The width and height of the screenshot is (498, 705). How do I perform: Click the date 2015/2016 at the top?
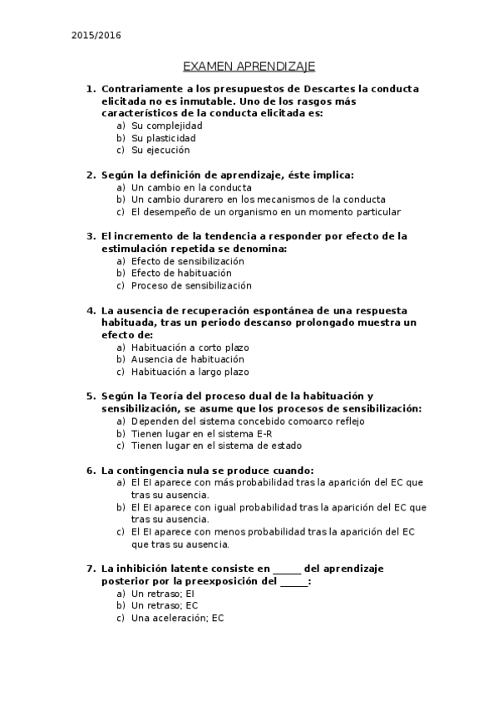point(95,36)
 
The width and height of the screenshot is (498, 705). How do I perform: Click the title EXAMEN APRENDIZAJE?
point(249,66)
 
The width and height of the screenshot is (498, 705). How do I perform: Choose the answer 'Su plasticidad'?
point(164,138)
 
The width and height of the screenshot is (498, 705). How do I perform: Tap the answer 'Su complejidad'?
point(166,126)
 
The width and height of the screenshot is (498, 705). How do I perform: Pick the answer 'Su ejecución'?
point(160,150)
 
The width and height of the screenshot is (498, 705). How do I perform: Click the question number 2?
point(91,175)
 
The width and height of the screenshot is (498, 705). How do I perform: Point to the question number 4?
point(91,310)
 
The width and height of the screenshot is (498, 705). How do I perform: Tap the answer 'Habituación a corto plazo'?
point(190,347)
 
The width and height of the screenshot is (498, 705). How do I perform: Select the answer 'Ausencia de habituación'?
point(187,359)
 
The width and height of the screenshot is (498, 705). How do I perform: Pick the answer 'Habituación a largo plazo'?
point(190,372)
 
